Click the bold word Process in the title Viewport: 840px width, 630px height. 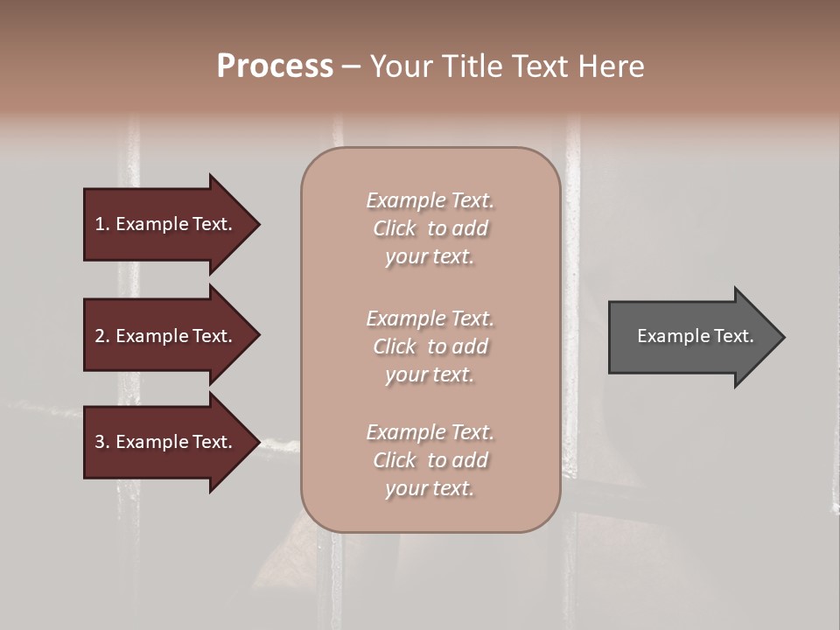click(x=275, y=66)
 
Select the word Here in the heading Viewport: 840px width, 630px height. click(x=610, y=66)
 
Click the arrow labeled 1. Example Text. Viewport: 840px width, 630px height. click(x=166, y=224)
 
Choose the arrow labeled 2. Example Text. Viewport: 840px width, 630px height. click(x=166, y=336)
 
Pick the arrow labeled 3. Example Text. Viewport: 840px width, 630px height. click(x=166, y=442)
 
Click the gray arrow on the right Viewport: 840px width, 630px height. click(x=691, y=336)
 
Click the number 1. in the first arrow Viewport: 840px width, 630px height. click(x=102, y=224)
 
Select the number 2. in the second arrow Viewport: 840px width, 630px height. click(x=102, y=336)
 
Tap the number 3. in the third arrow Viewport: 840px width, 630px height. click(x=102, y=442)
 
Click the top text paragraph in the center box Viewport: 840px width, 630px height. click(x=430, y=228)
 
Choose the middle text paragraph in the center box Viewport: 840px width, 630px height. click(x=430, y=346)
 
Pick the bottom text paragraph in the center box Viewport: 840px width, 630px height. click(x=430, y=460)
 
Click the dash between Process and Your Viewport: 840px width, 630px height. click(x=351, y=66)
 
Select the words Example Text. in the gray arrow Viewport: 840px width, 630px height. click(x=695, y=336)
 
